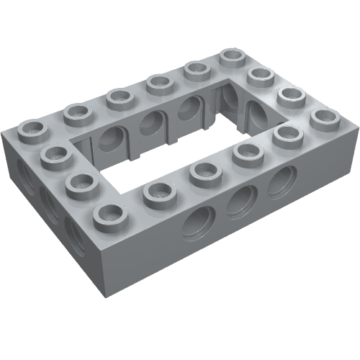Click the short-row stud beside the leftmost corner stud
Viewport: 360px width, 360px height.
pos(58,154)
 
